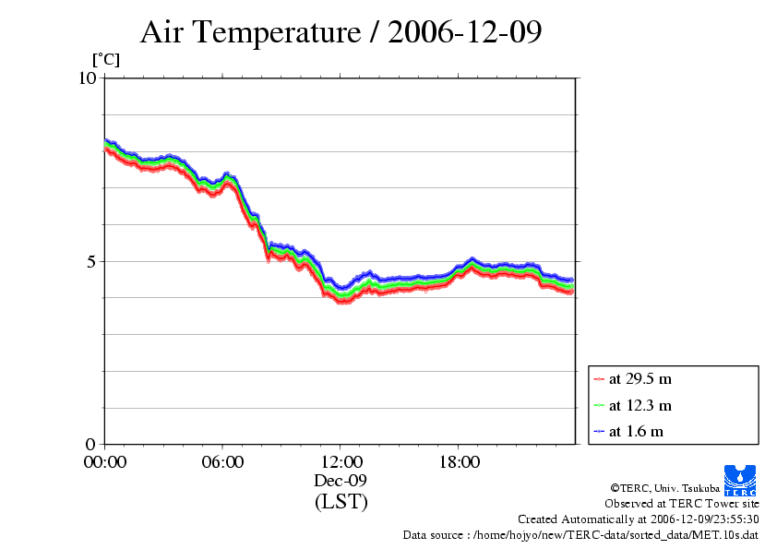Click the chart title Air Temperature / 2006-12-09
coord(341,32)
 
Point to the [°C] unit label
coord(104,60)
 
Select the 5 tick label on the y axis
coord(91,261)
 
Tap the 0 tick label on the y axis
coord(91,444)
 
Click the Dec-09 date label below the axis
coord(341,481)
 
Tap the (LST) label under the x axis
coord(341,502)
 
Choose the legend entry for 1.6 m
coord(636,431)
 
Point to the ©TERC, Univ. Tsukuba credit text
coord(663,487)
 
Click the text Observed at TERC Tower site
coord(681,503)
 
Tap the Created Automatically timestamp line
coord(638,519)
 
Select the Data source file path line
coord(580,534)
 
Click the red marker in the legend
coord(599,379)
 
